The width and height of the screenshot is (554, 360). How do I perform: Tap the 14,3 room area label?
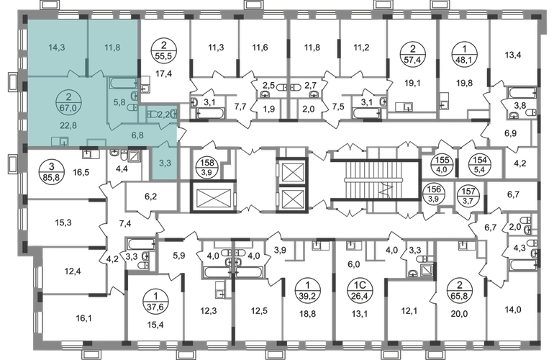coord(57,48)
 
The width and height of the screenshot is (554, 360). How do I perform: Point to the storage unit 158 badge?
coord(207,167)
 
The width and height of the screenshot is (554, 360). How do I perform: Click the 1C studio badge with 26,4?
coord(360,290)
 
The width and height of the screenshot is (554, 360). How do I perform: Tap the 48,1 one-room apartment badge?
coord(465,55)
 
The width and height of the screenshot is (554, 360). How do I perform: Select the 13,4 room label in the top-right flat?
coord(513,55)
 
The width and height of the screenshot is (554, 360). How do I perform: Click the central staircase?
coord(376,180)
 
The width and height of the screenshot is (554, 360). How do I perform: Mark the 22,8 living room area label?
coord(68,125)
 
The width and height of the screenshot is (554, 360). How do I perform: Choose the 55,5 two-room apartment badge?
coord(164,52)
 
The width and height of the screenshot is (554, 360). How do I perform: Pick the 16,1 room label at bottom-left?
coord(83,319)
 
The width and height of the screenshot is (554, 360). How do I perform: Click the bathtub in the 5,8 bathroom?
coord(123,83)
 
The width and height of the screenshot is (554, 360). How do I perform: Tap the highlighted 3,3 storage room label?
coord(165,163)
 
